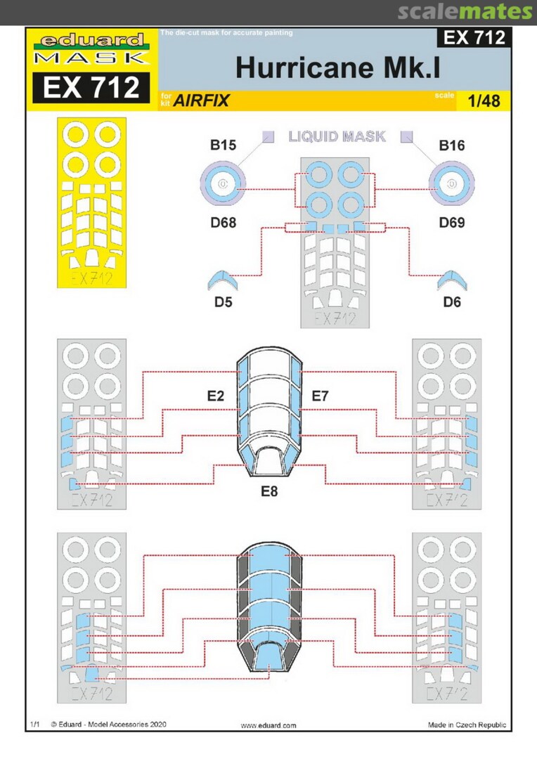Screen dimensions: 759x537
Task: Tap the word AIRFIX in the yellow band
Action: pyautogui.click(x=201, y=100)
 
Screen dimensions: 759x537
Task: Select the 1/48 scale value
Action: pyautogui.click(x=484, y=100)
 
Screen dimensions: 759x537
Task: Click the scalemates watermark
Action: pyautogui.click(x=464, y=11)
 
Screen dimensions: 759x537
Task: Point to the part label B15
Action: pyautogui.click(x=222, y=146)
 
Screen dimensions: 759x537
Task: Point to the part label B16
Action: pyautogui.click(x=453, y=146)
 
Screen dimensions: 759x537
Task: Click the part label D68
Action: pyautogui.click(x=222, y=223)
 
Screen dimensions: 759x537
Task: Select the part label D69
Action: pyautogui.click(x=453, y=223)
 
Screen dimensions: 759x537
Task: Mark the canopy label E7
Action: pyautogui.click(x=320, y=396)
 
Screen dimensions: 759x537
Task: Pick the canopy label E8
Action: pyautogui.click(x=268, y=491)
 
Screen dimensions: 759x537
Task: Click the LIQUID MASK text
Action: pyautogui.click(x=337, y=136)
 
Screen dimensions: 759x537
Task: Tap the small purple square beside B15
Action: pyautogui.click(x=268, y=136)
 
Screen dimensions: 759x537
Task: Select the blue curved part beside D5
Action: pyautogui.click(x=226, y=280)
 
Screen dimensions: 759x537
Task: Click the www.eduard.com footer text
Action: pyautogui.click(x=268, y=725)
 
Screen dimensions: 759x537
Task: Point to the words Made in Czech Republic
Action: pyautogui.click(x=466, y=725)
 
